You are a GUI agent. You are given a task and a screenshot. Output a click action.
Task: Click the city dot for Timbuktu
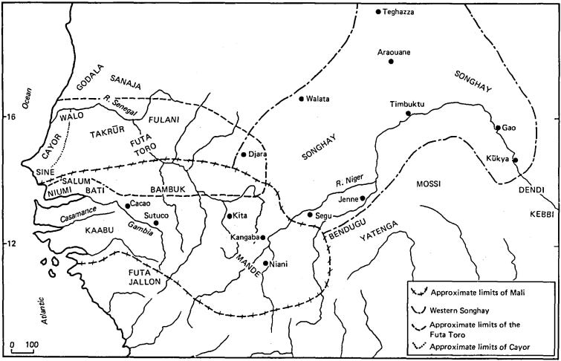(x=408, y=114)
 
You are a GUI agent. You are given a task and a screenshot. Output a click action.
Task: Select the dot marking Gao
(x=498, y=128)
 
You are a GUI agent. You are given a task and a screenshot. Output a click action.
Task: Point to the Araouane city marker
(x=391, y=61)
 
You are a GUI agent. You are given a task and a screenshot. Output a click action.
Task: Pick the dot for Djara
(x=244, y=155)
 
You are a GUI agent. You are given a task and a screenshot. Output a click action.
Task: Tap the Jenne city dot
(x=362, y=198)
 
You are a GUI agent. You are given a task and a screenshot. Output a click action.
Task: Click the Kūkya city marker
(x=515, y=160)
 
